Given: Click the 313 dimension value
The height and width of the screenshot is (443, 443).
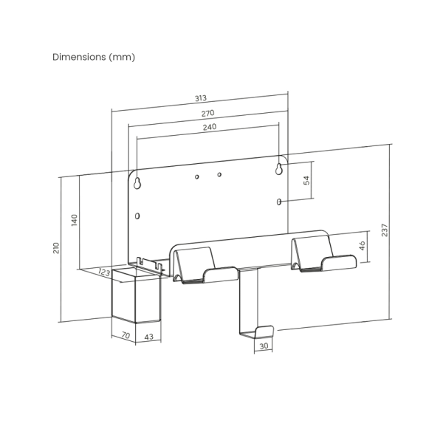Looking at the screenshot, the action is click(x=201, y=98).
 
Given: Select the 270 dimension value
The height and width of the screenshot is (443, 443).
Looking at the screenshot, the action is click(x=207, y=113).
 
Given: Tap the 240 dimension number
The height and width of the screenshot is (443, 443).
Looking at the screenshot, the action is click(x=210, y=127).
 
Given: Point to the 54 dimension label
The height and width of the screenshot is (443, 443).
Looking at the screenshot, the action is click(x=306, y=180).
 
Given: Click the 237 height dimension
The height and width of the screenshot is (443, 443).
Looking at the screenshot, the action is click(x=385, y=230).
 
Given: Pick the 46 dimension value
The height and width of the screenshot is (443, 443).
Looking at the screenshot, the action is click(x=363, y=246).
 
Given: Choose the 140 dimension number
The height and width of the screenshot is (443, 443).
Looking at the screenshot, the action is click(x=74, y=220).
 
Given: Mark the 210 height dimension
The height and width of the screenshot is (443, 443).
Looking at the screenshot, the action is click(x=56, y=248).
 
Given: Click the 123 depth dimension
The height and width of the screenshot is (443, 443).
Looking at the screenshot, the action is click(x=104, y=272).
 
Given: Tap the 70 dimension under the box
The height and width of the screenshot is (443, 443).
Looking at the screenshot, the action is click(x=126, y=335).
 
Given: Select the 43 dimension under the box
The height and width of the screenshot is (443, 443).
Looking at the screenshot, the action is click(x=148, y=337).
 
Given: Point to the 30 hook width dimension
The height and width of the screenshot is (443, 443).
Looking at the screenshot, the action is click(x=264, y=346).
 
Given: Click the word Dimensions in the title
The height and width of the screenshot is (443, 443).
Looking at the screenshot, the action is click(x=79, y=57).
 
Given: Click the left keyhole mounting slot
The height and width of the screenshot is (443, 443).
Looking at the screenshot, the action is click(x=137, y=183).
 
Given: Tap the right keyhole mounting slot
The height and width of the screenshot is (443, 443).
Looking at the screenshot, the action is click(x=279, y=169).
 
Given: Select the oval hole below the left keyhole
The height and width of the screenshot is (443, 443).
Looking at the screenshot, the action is click(x=137, y=216).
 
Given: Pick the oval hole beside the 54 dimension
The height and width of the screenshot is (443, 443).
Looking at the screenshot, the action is click(x=279, y=202).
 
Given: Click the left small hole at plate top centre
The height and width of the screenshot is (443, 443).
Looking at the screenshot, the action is click(x=197, y=177).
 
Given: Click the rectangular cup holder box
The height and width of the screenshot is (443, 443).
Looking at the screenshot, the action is click(x=136, y=295).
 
